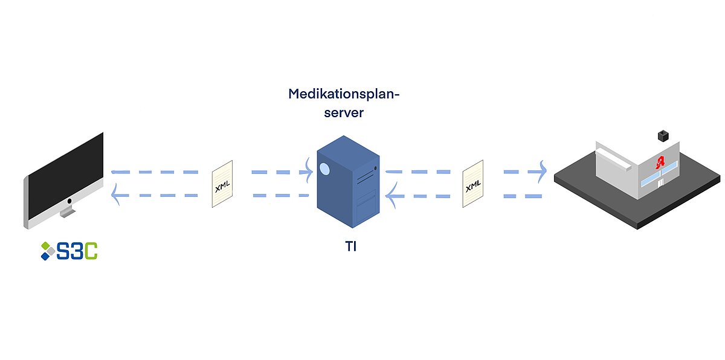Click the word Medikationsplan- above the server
point(344,95)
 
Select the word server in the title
point(344,113)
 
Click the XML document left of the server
point(222,184)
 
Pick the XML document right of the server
point(473,184)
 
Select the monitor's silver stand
point(67,211)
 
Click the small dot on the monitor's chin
point(69,201)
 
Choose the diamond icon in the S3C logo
point(47,251)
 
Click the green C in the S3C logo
point(90,251)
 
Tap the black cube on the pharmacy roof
point(664,133)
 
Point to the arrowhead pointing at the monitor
point(115,196)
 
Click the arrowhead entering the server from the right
point(390,196)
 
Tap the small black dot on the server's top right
point(376,168)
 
